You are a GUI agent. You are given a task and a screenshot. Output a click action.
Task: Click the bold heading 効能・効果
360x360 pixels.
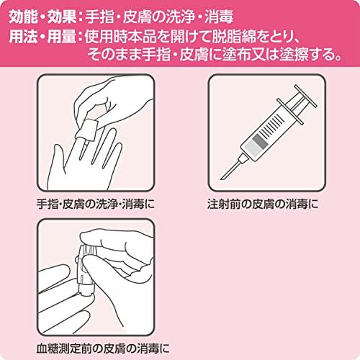coord(42,17)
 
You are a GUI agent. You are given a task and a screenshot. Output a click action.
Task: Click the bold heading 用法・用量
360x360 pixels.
coord(42,37)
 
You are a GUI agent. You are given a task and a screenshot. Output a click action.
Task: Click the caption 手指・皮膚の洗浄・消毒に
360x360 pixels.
coord(96,204)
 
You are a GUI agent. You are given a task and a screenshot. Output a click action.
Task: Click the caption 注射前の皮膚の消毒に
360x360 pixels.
coord(263,204)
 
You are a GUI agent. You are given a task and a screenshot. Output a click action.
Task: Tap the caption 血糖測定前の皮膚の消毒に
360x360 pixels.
coord(103,348)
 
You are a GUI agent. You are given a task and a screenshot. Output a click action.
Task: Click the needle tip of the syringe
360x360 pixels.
coord(222,178)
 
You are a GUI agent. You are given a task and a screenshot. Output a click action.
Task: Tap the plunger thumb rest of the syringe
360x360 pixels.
coord(305,96)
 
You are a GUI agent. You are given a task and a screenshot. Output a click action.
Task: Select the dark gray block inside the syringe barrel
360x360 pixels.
coord(260,141)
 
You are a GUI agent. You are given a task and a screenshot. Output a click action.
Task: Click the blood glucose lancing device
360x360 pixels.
coord(87,271)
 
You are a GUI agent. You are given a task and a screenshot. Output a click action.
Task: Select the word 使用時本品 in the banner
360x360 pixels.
coord(120,37)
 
